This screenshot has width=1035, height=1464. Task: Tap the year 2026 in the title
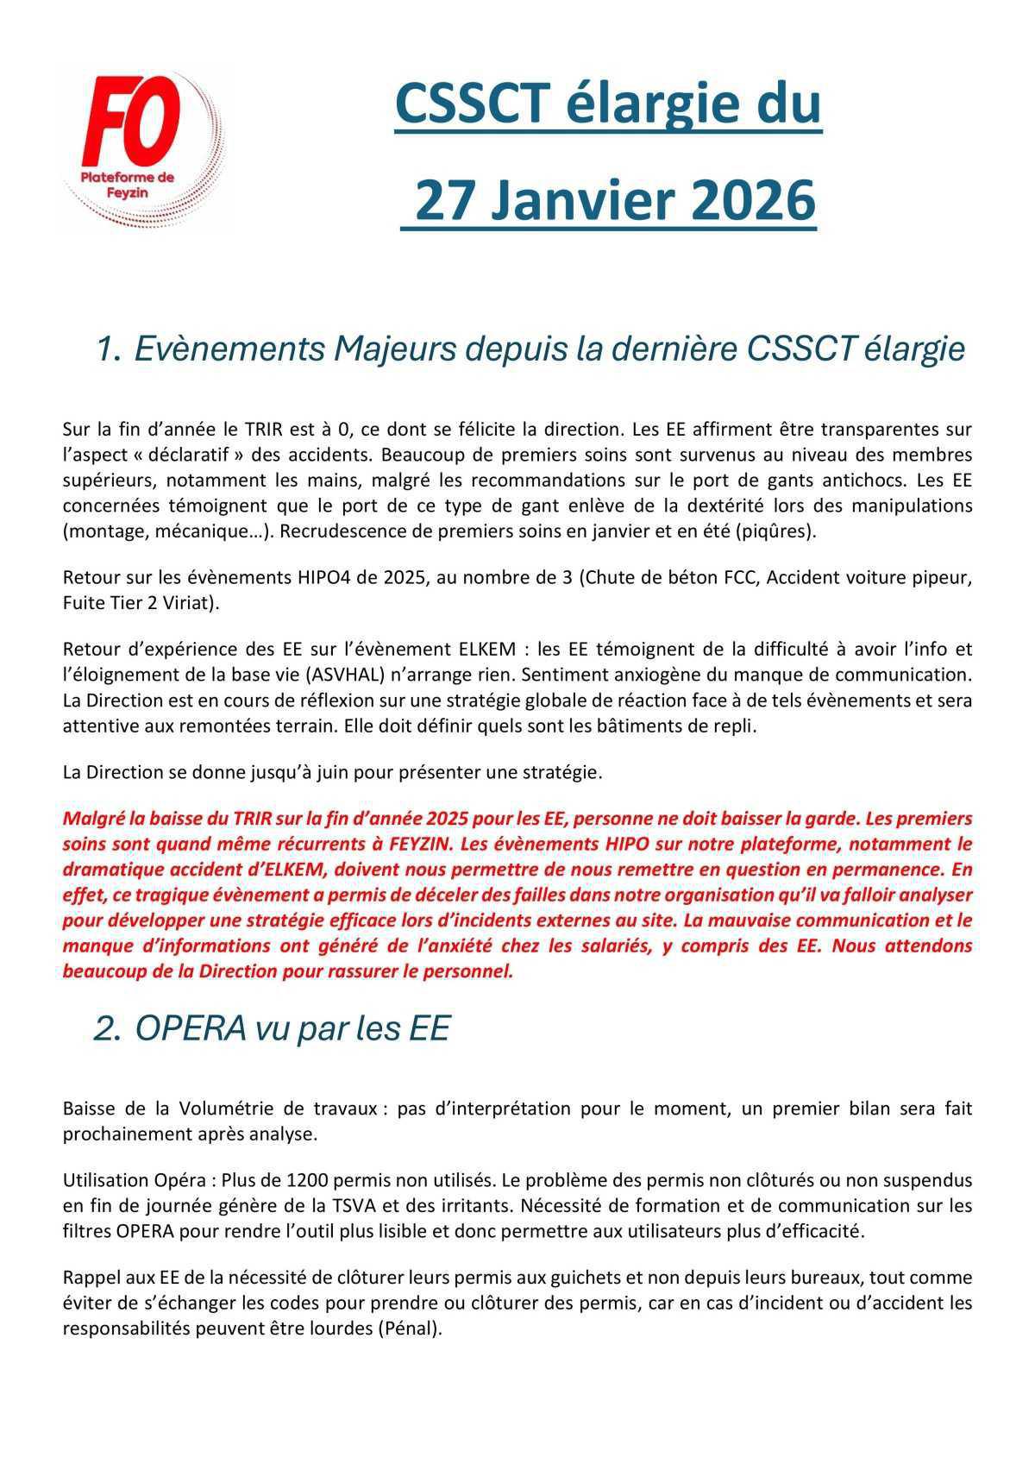click(x=753, y=200)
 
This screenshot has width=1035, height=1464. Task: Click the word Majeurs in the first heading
click(x=392, y=349)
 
